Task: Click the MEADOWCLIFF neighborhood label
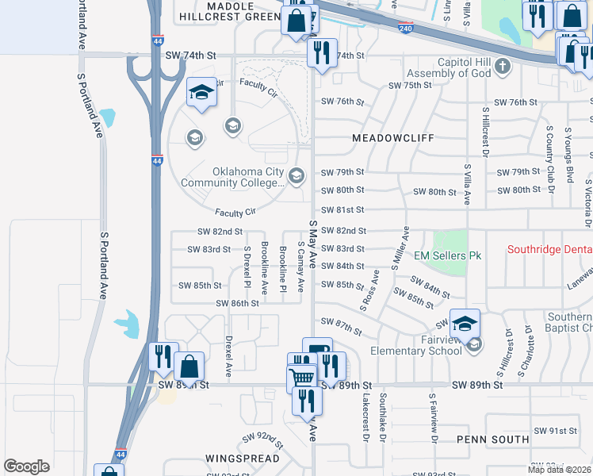393,137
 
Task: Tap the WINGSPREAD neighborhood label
242,459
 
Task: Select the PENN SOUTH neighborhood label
493,439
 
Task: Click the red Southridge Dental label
550,250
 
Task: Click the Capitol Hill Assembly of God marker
502,67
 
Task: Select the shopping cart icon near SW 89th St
302,378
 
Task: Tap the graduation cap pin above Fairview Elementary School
465,324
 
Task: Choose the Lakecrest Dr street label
366,417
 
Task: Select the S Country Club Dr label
549,154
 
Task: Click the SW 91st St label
556,431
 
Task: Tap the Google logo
26,466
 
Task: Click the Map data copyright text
560,470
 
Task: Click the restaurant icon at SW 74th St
322,54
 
